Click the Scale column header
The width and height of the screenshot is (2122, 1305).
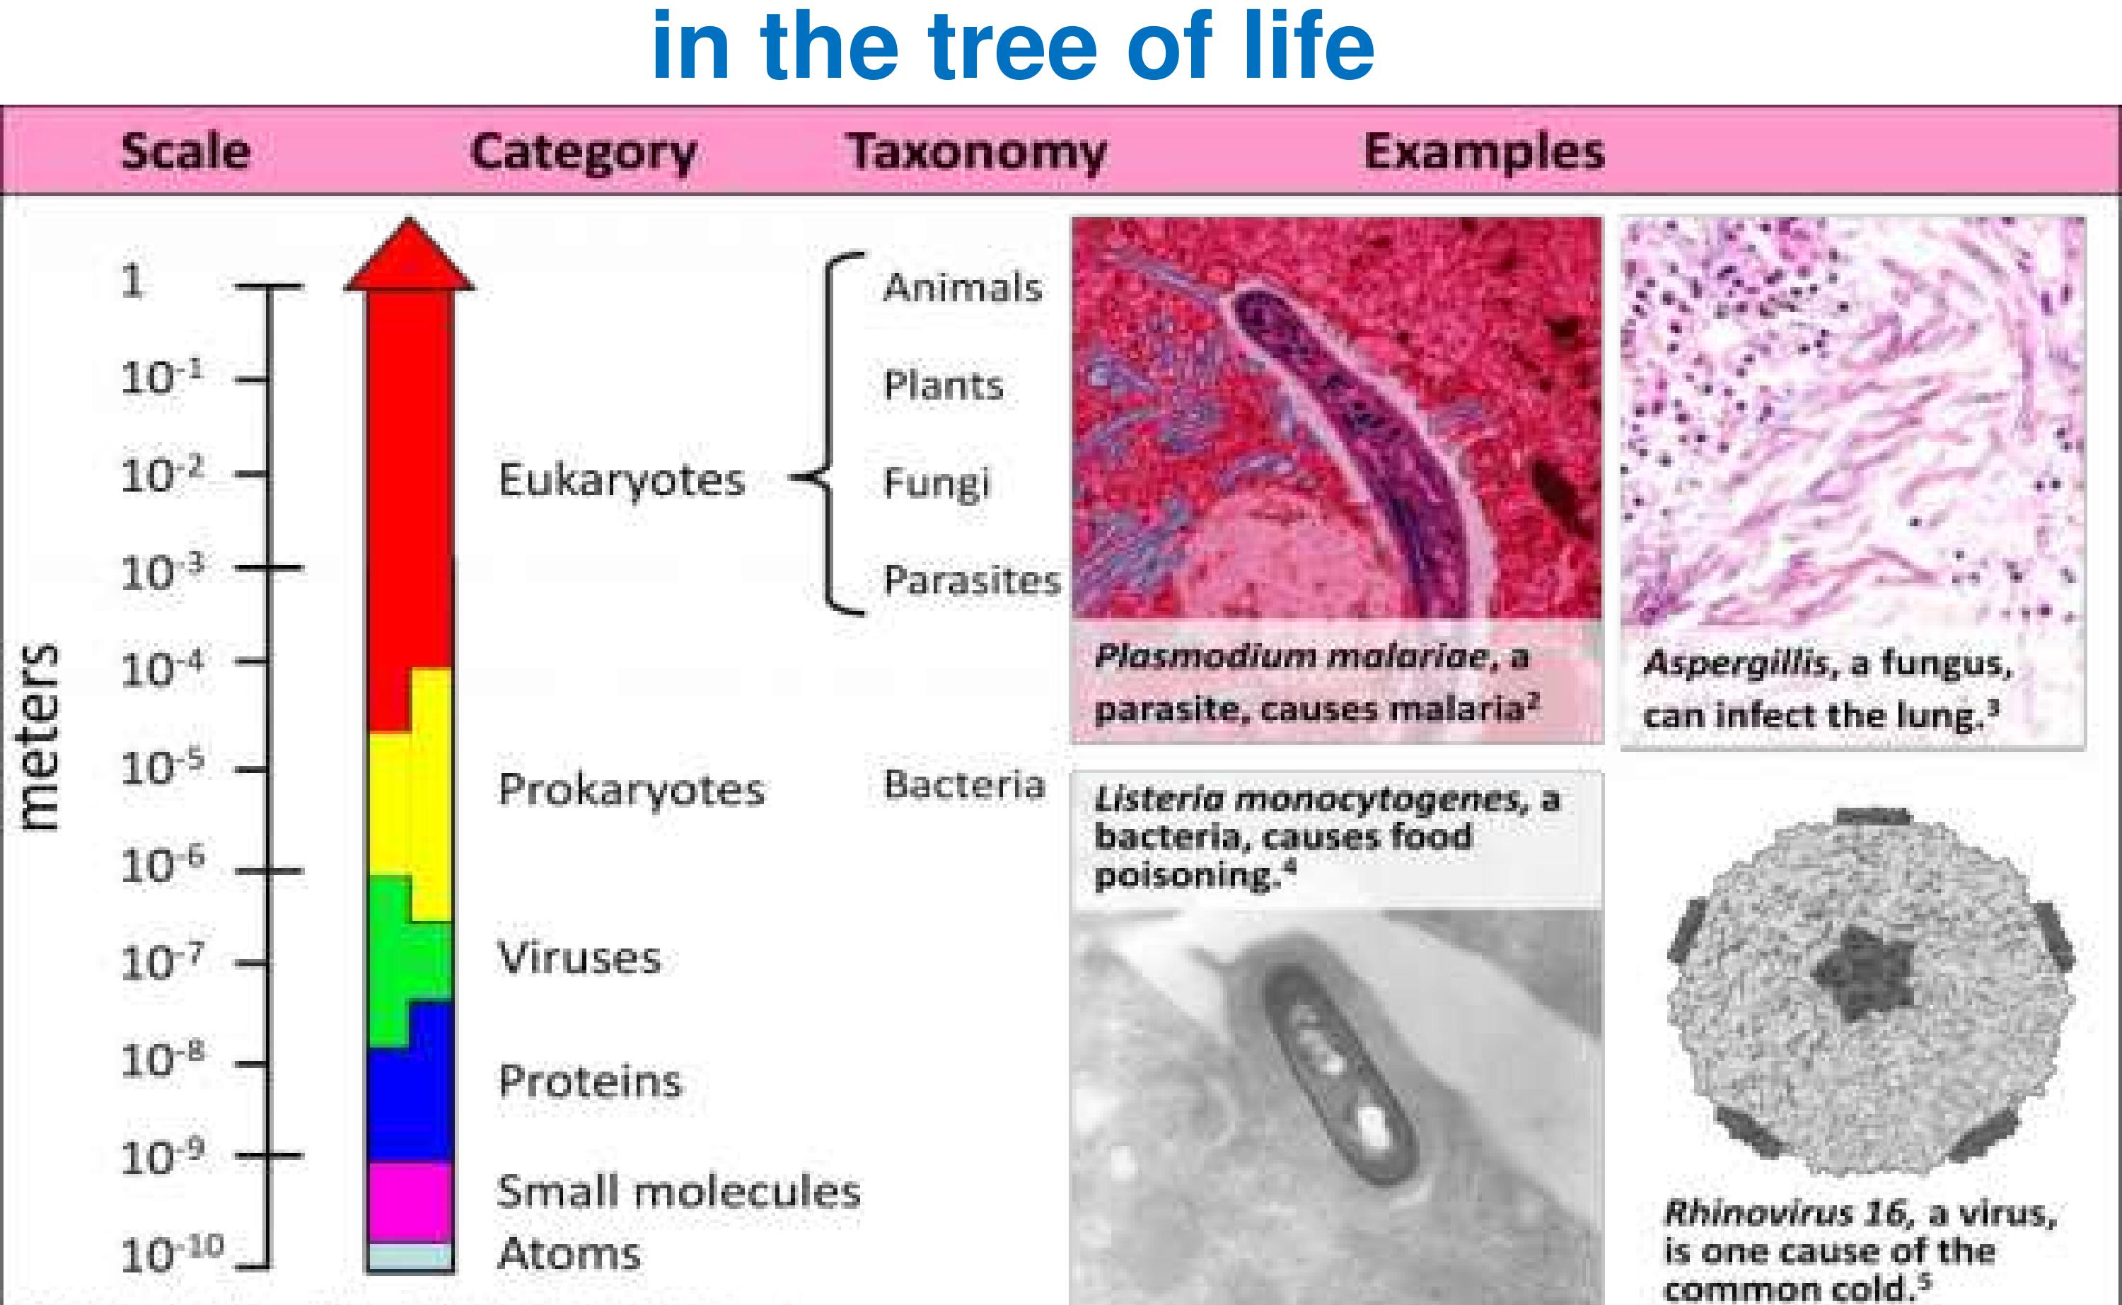(x=185, y=151)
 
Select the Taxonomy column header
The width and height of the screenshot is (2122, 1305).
(x=976, y=153)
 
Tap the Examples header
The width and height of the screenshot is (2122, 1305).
(x=1483, y=153)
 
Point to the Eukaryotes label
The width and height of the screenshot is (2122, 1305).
(x=621, y=480)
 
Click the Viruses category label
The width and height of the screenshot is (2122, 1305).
(x=580, y=957)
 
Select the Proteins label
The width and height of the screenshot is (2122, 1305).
(x=590, y=1081)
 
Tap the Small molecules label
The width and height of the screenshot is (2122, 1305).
(x=679, y=1191)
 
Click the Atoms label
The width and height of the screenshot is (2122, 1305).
(x=569, y=1253)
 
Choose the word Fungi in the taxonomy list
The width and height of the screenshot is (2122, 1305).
(x=937, y=483)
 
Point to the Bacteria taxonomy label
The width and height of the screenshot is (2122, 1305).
(x=964, y=784)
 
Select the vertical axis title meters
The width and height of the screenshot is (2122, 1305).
(x=40, y=737)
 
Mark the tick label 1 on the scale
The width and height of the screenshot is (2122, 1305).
(x=132, y=282)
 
